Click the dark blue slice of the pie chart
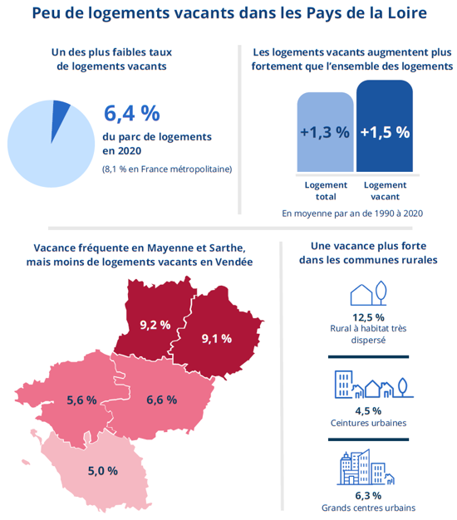[x=60, y=116]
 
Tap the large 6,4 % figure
[x=132, y=114]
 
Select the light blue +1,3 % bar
[x=325, y=132]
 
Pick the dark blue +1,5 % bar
[x=385, y=126]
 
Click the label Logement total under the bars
[x=326, y=191]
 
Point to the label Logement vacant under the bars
[x=385, y=191]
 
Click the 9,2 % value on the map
[x=155, y=325]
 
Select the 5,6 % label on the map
[x=82, y=400]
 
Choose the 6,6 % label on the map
[x=162, y=400]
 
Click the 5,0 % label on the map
[x=103, y=471]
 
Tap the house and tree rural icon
[x=368, y=293]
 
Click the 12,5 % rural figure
[x=368, y=317]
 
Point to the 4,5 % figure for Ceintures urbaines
[x=368, y=411]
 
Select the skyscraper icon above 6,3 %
[x=366, y=467]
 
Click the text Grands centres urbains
[x=368, y=508]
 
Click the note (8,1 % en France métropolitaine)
[x=167, y=169]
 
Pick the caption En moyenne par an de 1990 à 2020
[x=352, y=213]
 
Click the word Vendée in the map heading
[x=234, y=262]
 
